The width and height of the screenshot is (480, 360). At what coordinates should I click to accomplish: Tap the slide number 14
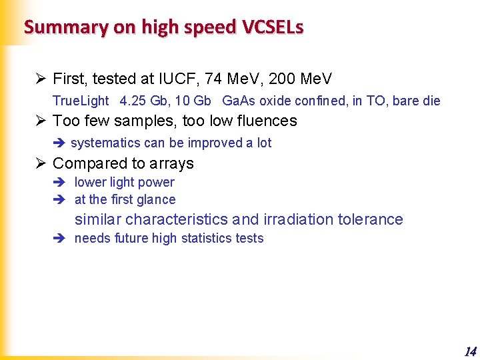pos(470,351)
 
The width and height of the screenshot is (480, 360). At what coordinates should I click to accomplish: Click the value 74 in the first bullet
pos(213,79)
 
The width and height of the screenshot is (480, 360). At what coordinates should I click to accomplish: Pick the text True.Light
pos(81,101)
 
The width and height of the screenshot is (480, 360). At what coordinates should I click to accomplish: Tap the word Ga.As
pos(239,101)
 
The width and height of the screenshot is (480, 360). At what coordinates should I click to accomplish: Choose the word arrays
pos(171,163)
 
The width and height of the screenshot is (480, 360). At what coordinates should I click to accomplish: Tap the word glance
pos(156,199)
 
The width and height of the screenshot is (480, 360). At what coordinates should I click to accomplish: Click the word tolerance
pos(372,219)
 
